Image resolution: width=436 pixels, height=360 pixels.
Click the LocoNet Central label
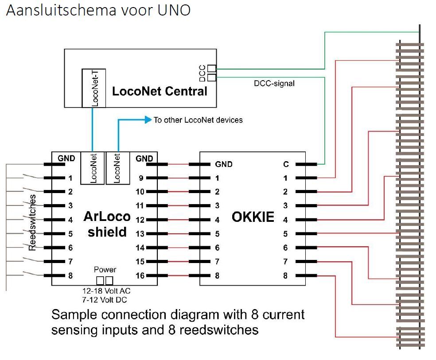point(160,92)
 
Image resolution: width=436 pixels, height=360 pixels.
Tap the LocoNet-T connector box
point(93,88)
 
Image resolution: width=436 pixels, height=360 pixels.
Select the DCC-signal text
point(274,83)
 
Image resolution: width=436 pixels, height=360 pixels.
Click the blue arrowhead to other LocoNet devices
point(148,120)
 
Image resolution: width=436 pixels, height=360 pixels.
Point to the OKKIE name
point(253,217)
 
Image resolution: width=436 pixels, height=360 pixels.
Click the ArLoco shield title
point(107,224)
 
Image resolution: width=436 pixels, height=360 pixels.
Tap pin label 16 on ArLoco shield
point(140,276)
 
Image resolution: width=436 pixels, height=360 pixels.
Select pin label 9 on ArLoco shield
point(141,178)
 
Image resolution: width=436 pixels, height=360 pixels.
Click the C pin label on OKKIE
point(286,164)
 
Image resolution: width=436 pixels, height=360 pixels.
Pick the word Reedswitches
point(33,221)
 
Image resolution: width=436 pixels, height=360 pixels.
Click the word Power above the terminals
point(105,270)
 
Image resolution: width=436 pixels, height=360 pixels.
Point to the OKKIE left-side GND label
point(224,164)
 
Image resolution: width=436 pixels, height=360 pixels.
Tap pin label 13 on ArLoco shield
point(140,234)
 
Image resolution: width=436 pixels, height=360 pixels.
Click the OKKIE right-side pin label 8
point(285,276)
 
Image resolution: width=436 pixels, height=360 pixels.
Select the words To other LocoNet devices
point(198,120)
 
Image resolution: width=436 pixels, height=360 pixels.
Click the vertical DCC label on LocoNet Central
point(202,73)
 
